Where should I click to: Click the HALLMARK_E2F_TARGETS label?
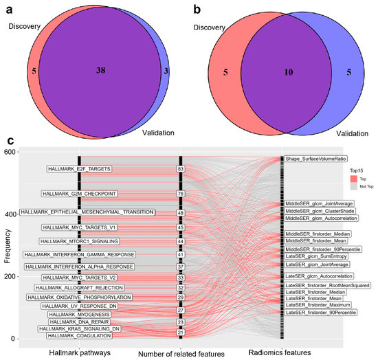coord(79,168)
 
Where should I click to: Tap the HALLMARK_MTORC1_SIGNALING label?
coord(79,241)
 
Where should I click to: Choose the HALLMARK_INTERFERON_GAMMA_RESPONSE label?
coord(79,254)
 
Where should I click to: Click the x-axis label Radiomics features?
coord(303,352)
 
